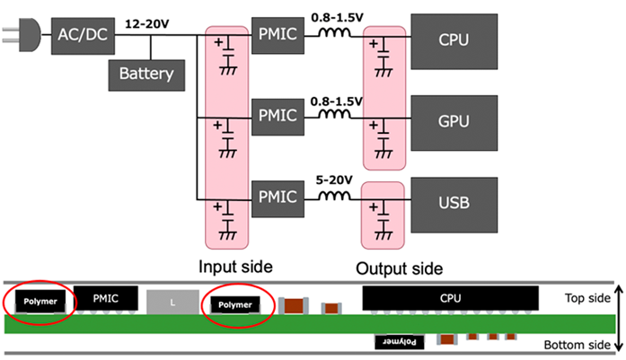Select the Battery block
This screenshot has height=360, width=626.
click(145, 74)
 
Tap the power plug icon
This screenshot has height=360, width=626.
click(21, 36)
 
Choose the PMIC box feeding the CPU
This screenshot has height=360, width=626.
click(278, 36)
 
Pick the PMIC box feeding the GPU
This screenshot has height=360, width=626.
click(278, 117)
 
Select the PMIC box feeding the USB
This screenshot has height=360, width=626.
click(278, 194)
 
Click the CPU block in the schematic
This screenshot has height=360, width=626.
click(454, 40)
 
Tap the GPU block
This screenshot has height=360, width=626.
click(454, 119)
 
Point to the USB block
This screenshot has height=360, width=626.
click(454, 198)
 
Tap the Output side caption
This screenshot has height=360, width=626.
click(400, 268)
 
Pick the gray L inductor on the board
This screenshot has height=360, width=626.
click(172, 303)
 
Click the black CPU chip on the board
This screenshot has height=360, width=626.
click(450, 297)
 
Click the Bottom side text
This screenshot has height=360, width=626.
click(579, 346)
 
